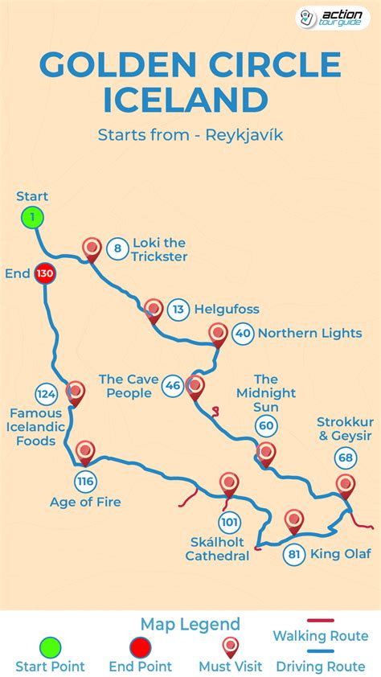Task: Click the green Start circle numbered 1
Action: [32, 217]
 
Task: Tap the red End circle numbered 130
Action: [44, 274]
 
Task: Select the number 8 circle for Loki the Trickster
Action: [117, 248]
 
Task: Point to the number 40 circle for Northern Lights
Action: [243, 334]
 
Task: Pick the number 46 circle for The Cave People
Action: [172, 386]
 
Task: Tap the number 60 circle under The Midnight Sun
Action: [266, 426]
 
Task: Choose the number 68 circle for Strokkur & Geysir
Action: [346, 458]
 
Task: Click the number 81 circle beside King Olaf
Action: [294, 555]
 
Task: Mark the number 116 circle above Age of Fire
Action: [85, 482]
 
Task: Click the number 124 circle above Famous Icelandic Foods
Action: [46, 394]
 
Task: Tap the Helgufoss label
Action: [227, 310]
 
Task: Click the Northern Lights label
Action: [309, 334]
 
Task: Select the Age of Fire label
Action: [85, 503]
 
